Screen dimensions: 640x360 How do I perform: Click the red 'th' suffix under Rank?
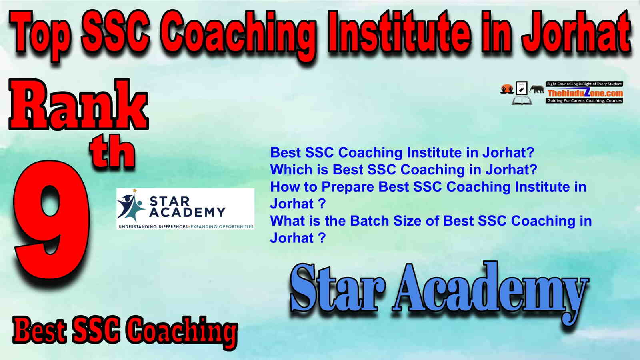pos(112,153)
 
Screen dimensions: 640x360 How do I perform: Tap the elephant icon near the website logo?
pos(536,89)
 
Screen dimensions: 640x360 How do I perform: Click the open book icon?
pos(522,100)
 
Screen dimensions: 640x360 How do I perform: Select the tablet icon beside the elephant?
pos(522,88)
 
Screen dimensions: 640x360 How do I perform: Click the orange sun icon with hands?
pos(507,89)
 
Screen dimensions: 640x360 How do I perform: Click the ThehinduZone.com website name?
pos(585,93)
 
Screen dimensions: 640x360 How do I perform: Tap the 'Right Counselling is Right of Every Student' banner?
pos(584,84)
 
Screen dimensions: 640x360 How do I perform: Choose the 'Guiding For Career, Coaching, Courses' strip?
pos(584,101)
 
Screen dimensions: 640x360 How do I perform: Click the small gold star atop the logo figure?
pos(134,190)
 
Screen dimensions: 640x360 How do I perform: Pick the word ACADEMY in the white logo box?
pos(188,212)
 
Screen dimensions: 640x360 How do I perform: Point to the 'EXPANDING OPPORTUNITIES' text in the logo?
pos(222,226)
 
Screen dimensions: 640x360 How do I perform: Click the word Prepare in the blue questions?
pos(348,188)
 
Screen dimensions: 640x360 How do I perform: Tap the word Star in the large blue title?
pos(337,288)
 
